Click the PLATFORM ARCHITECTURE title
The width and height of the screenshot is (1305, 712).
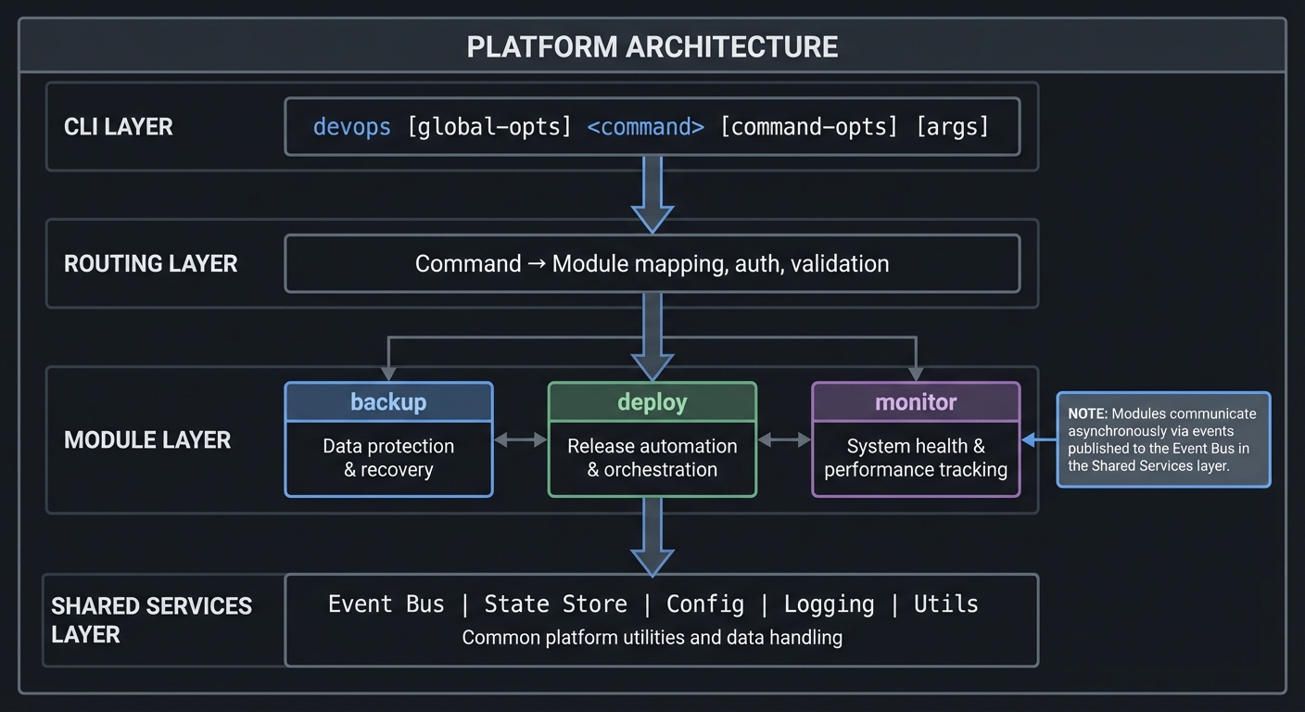tap(652, 46)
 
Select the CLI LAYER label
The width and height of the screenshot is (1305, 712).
tap(118, 127)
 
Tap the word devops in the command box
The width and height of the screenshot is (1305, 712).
tap(351, 127)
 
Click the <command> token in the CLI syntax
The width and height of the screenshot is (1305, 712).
tap(645, 127)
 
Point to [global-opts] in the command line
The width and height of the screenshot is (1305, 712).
tap(489, 127)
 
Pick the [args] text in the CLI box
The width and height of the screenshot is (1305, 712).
tap(952, 127)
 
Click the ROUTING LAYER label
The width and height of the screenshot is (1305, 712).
tap(150, 263)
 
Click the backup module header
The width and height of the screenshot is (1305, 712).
tap(388, 402)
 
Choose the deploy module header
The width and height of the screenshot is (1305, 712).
tap(652, 402)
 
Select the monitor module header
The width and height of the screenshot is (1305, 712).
tap(916, 402)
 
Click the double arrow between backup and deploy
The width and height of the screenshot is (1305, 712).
tap(520, 439)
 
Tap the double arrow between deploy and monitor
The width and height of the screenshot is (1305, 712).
tap(784, 439)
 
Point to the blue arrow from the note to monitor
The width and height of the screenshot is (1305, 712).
tap(1039, 440)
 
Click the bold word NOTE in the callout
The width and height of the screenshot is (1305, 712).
tap(1087, 414)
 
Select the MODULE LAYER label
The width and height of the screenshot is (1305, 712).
tap(146, 439)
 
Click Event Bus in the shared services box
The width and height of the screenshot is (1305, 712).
tap(386, 604)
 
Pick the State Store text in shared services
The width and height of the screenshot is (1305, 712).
tap(556, 604)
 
